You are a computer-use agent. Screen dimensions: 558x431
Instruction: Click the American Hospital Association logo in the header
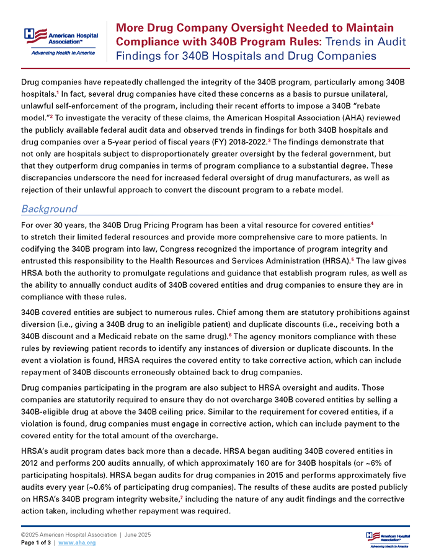click(x=60, y=41)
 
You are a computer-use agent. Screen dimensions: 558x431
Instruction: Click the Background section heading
click(x=49, y=208)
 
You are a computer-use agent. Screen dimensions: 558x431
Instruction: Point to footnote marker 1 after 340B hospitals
click(x=58, y=93)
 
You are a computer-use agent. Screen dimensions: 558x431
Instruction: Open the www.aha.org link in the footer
click(x=79, y=542)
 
